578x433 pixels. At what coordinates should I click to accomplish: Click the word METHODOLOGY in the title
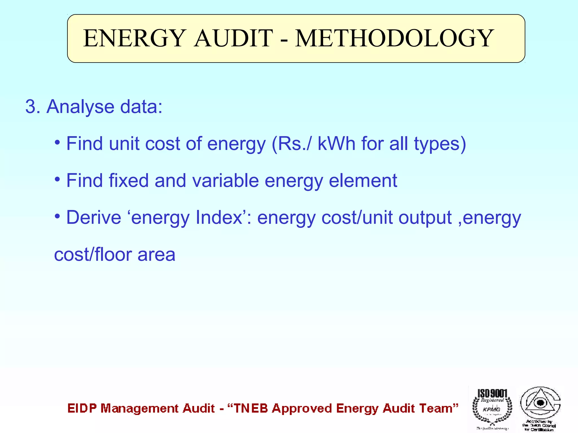pyautogui.click(x=394, y=38)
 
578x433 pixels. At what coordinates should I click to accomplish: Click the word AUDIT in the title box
pyautogui.click(x=233, y=38)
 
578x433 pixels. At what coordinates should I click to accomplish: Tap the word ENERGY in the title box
pyautogui.click(x=134, y=38)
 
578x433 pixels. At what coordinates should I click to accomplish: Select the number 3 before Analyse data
pyautogui.click(x=31, y=107)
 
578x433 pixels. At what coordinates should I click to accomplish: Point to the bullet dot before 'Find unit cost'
pyautogui.click(x=58, y=142)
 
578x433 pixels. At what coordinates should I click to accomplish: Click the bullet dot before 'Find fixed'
pyautogui.click(x=58, y=179)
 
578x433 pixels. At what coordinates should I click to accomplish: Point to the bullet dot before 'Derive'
pyautogui.click(x=58, y=216)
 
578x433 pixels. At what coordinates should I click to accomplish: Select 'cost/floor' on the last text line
pyautogui.click(x=93, y=255)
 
